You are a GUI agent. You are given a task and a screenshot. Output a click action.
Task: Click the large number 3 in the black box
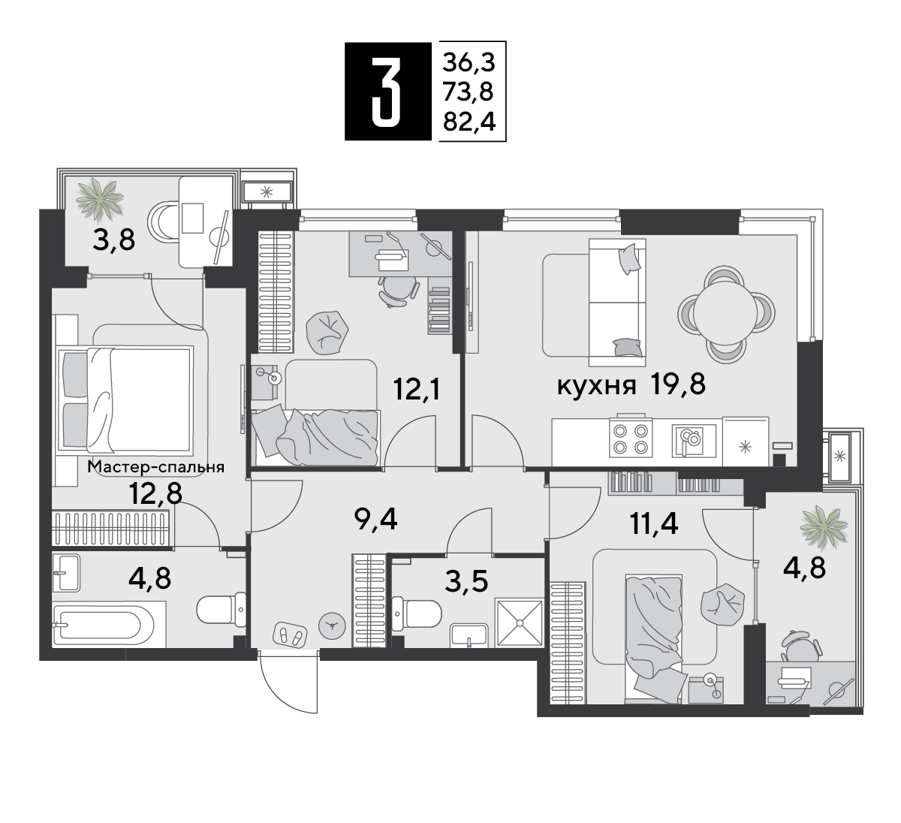[x=386, y=91]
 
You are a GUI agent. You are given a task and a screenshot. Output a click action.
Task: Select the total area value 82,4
[x=469, y=121]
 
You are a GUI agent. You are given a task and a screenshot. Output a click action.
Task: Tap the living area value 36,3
[x=469, y=62]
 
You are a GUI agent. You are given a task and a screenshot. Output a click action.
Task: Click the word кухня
[x=596, y=386]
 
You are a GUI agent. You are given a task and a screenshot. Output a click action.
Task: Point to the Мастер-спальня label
[x=156, y=467]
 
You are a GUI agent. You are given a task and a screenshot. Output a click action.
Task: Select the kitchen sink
[x=694, y=441]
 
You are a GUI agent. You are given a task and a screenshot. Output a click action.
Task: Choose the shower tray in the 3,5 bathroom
[x=519, y=623]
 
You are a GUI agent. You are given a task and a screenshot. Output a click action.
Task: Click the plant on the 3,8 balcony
[x=100, y=199]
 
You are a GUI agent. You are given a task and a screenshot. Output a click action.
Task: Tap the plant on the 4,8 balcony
[x=824, y=527]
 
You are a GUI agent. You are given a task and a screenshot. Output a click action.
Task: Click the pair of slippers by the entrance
[x=290, y=635]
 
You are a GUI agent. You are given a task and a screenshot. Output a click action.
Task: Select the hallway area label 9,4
[x=375, y=520]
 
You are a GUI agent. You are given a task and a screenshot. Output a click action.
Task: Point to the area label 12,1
[x=417, y=388]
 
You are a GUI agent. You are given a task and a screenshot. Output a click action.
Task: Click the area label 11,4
[x=654, y=523]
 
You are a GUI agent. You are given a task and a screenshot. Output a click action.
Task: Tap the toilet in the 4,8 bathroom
[x=221, y=610]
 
